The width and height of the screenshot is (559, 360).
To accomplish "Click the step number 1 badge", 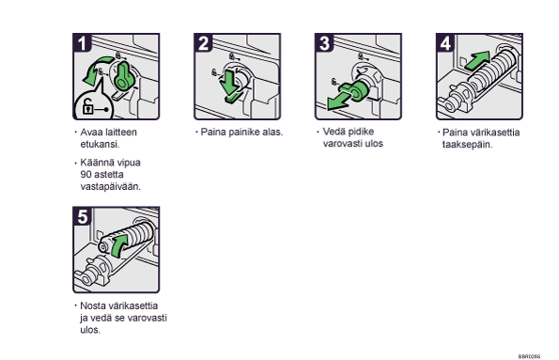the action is click(x=82, y=43).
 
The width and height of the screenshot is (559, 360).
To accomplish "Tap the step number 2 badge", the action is click(x=203, y=43).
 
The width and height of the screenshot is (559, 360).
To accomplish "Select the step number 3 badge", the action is click(x=324, y=43).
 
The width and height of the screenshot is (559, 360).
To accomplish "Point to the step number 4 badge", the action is click(x=445, y=43).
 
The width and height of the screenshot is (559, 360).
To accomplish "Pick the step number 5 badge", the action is click(x=82, y=216).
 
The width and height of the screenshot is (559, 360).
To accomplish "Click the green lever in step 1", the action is click(x=124, y=75).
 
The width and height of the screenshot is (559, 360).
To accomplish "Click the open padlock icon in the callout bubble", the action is click(x=87, y=106).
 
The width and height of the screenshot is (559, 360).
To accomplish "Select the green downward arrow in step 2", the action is click(x=230, y=86).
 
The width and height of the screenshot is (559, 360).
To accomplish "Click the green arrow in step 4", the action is click(x=477, y=61).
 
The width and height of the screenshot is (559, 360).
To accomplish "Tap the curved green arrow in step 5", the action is click(x=118, y=245).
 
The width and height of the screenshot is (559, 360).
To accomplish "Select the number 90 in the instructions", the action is click(x=85, y=175).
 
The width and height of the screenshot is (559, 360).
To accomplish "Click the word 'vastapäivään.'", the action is click(x=111, y=187).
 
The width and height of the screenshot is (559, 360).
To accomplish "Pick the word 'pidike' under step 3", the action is click(x=362, y=132).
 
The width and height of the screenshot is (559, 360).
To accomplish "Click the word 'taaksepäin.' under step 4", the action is click(x=467, y=145).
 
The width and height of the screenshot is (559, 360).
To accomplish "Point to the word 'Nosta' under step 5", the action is click(x=92, y=305).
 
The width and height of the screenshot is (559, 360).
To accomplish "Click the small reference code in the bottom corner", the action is click(x=529, y=356).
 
